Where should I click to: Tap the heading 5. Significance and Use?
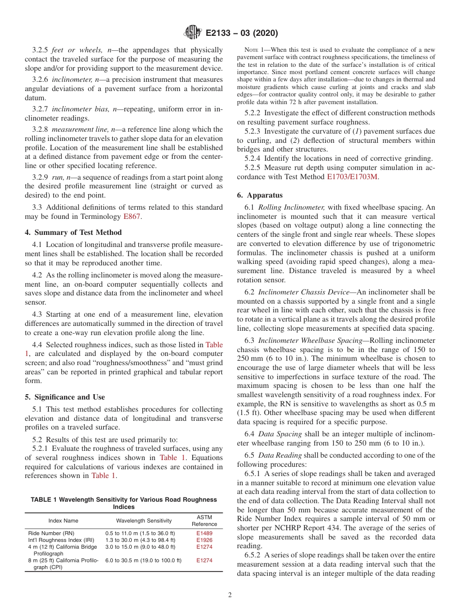coord(64,397)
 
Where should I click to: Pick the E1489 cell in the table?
coord(204,533)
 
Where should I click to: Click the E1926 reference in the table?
coord(204,539)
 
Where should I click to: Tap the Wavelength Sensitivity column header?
coord(144,521)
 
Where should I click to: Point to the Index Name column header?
coord(63,521)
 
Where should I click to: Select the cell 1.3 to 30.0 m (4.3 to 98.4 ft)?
coord(140,539)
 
